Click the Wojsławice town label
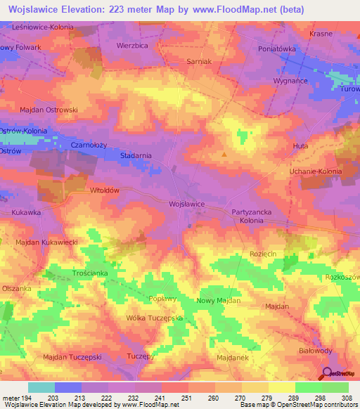click(186, 203)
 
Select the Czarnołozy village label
click(89, 144)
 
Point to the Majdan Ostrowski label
click(49, 110)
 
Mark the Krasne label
click(321, 33)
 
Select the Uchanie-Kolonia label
click(316, 171)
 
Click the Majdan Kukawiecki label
click(46, 242)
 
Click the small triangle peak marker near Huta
click(224, 153)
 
